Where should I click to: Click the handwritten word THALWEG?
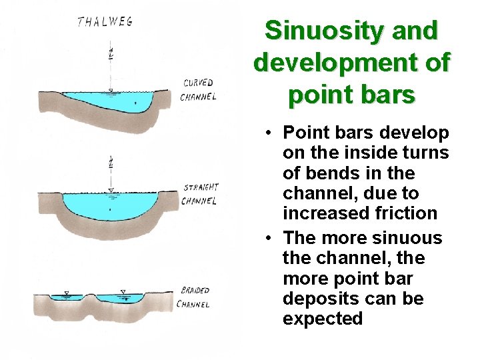[x=105, y=21]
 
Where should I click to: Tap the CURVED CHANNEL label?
[x=198, y=90]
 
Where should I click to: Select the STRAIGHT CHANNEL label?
[x=201, y=194]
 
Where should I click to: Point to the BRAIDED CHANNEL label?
[x=194, y=297]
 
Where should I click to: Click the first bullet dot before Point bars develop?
[x=266, y=133]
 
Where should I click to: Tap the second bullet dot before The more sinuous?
[x=266, y=238]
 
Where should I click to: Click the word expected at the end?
[x=323, y=319]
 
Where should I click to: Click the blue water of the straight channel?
[x=110, y=203]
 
